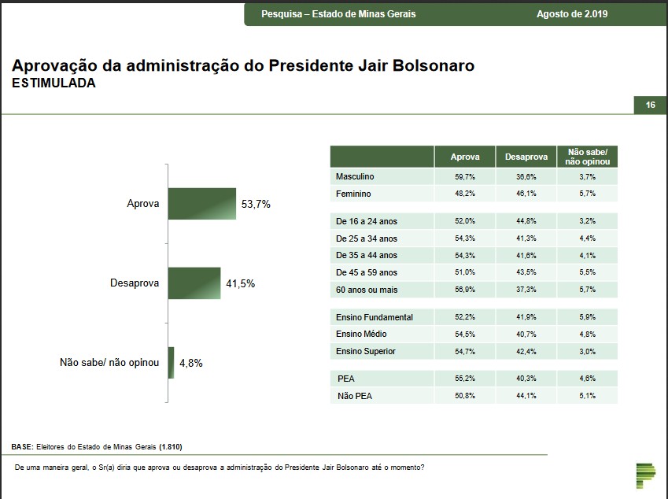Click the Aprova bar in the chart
tap(201, 203)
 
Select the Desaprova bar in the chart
tap(194, 283)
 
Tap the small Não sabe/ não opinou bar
tap(171, 363)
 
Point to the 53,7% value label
tap(255, 204)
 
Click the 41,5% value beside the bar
tap(240, 283)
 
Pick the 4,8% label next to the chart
tap(191, 364)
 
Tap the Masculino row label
tap(355, 177)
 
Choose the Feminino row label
tap(353, 194)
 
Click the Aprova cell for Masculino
tap(464, 177)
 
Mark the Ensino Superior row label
tap(365, 351)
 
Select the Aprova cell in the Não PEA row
tap(464, 396)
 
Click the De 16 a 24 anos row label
tap(366, 221)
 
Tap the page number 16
tap(650, 105)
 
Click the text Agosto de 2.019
tap(572, 14)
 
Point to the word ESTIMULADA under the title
tap(54, 83)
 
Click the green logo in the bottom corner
tap(645, 475)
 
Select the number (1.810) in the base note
tap(170, 446)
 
